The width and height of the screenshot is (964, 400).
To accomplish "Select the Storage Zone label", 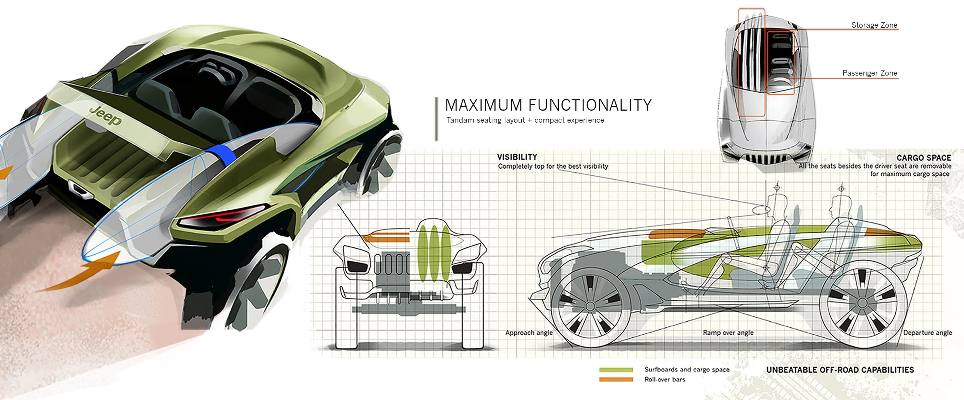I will click(874, 25).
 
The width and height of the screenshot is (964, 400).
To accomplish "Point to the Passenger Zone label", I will click(870, 73).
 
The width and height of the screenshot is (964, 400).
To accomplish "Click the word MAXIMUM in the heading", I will click(484, 106).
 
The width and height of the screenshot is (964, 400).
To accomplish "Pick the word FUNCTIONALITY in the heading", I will click(590, 106).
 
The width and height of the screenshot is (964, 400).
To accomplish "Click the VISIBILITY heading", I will click(517, 157).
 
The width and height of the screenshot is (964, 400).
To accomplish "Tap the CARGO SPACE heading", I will click(924, 158).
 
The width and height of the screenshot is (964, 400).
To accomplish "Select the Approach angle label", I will click(529, 333).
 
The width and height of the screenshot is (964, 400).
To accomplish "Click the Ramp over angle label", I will click(728, 333).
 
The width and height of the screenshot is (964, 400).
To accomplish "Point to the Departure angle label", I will click(927, 333).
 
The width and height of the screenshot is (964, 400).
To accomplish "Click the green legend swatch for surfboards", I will click(616, 370).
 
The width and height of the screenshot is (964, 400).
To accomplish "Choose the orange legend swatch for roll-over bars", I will click(616, 380).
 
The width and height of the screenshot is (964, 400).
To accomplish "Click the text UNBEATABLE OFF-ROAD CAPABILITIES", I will click(840, 370).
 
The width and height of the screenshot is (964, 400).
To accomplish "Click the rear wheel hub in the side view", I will click(862, 303).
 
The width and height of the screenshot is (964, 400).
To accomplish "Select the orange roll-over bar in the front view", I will click(386, 237).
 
